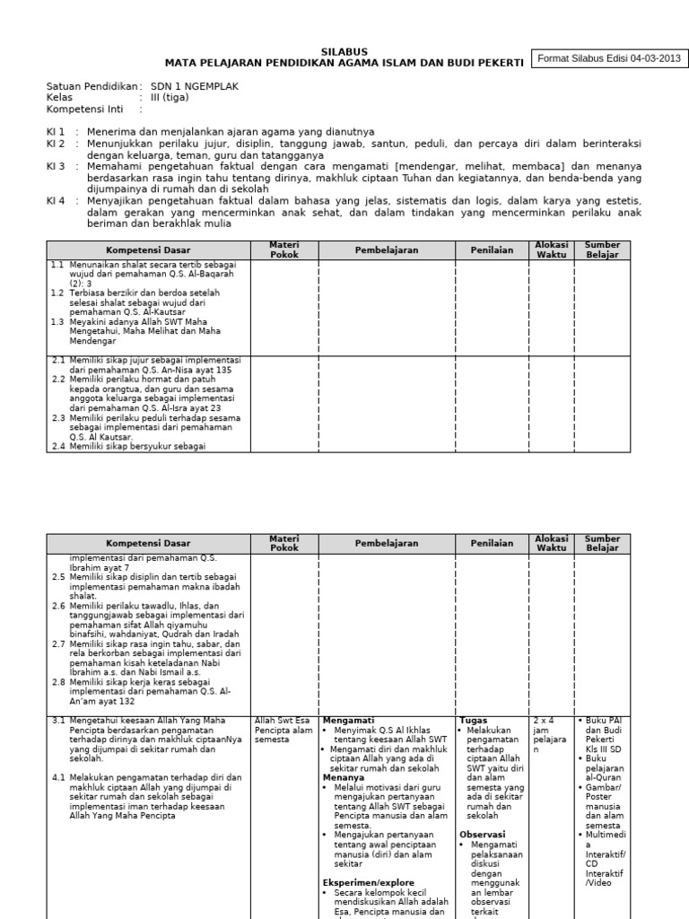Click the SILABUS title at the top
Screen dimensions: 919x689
(x=344, y=52)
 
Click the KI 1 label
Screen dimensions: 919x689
(x=56, y=132)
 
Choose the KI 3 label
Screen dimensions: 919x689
(x=56, y=167)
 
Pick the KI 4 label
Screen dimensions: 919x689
(x=56, y=201)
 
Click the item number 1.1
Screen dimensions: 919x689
(x=57, y=267)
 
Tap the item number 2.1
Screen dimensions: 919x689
(x=57, y=360)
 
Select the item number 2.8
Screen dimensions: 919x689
(x=57, y=682)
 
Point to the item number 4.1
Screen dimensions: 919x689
(x=57, y=776)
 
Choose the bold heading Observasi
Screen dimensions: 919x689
(x=483, y=834)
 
